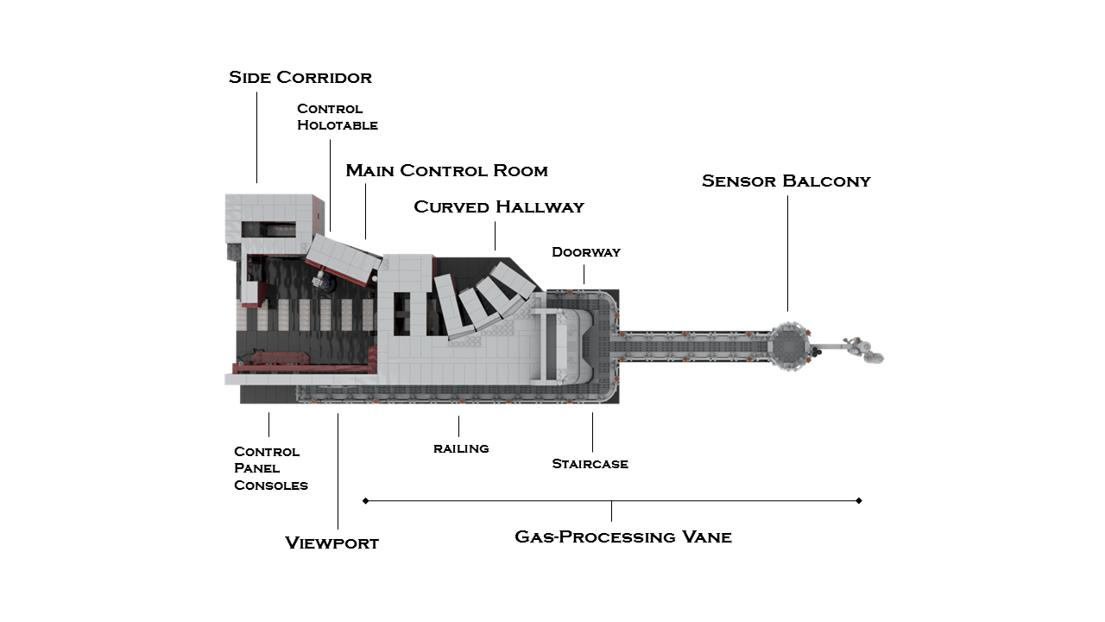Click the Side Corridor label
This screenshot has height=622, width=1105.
[x=300, y=78]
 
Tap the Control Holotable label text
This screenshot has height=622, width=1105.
[x=338, y=117]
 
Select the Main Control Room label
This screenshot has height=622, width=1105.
[x=447, y=170]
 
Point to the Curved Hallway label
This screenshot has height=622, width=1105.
[x=499, y=206]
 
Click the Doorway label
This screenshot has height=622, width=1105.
[x=586, y=252]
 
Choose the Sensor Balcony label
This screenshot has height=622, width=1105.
[x=786, y=181]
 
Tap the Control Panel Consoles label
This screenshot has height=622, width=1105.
[x=271, y=468]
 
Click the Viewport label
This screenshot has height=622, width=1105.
[x=332, y=543]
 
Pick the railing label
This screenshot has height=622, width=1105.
[x=461, y=448]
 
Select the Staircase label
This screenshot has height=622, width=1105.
[x=590, y=464]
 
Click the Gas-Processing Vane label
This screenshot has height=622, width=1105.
[x=623, y=537]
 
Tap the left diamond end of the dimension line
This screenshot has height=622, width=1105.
[x=365, y=500]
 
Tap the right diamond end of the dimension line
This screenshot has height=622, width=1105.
[x=859, y=500]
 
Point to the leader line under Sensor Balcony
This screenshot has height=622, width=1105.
[x=787, y=253]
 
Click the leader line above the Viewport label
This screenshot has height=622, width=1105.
[x=338, y=472]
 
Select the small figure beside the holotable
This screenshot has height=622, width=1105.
[x=322, y=280]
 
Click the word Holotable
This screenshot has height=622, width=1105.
[x=338, y=125]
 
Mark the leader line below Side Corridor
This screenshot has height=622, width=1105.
[x=256, y=137]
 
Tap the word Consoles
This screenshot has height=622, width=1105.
[x=271, y=486]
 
